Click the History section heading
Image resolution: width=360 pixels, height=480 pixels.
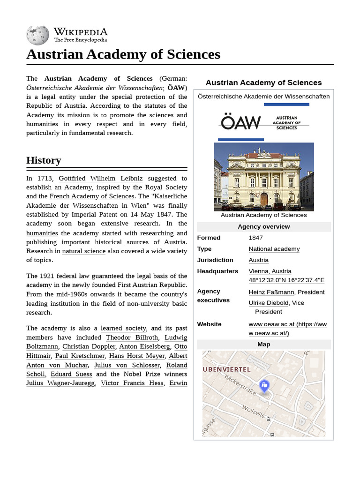[44, 160]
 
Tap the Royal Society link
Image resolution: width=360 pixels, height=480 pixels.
[166, 187]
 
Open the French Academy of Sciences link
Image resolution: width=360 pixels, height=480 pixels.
[92, 196]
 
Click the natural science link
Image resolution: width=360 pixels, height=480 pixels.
[83, 251]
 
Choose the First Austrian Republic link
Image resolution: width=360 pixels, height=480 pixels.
[151, 285]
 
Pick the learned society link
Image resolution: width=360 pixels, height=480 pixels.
[123, 329]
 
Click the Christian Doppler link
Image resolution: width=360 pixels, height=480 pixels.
[89, 347]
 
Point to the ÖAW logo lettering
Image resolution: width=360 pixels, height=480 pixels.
[240, 123]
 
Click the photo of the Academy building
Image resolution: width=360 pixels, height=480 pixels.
[263, 177]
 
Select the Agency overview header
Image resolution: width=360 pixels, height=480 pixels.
[263, 227]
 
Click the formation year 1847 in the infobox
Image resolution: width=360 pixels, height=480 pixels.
[256, 238]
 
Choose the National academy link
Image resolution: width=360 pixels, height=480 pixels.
[274, 249]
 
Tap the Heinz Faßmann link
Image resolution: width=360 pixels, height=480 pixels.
[271, 292]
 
